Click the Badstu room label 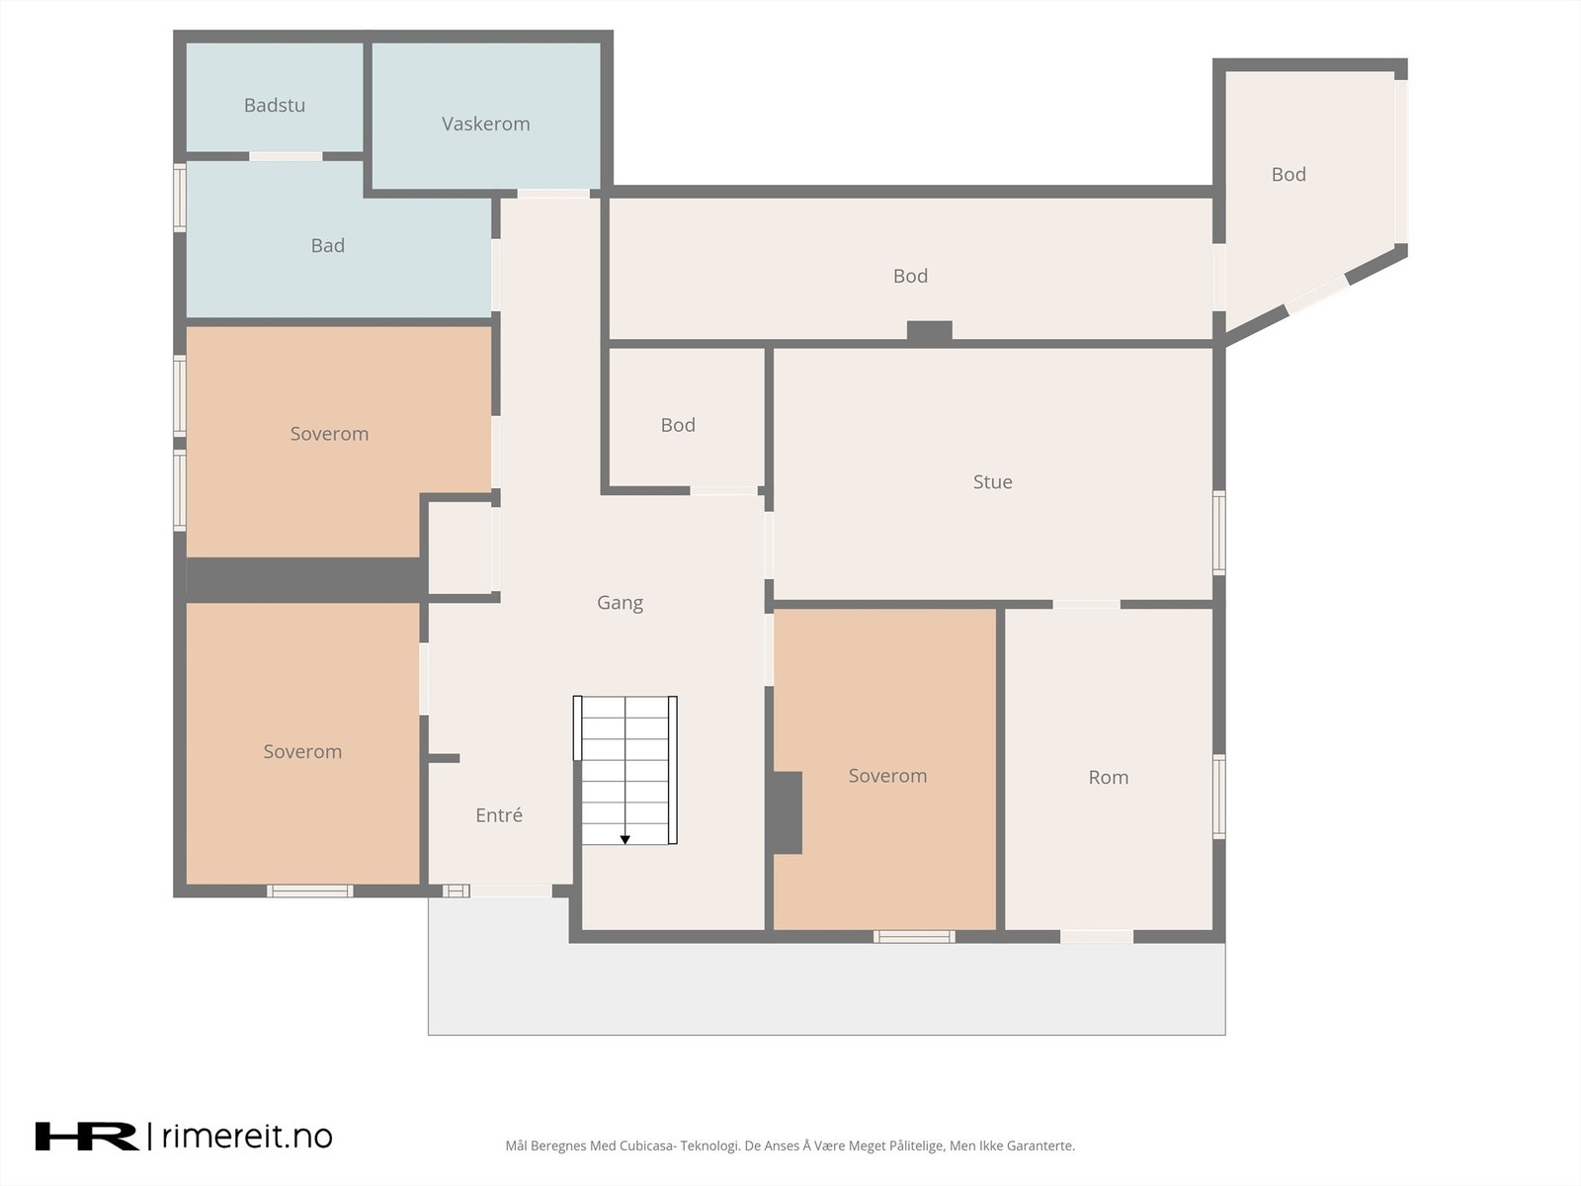[275, 105]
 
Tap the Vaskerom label [485, 124]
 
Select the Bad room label [328, 245]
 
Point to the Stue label [992, 481]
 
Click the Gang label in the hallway [620, 603]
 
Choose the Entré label [498, 814]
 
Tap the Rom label [1108, 777]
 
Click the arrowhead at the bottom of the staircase [625, 840]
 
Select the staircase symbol [625, 770]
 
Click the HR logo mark [86, 1137]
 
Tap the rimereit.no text [247, 1137]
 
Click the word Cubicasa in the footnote [647, 1145]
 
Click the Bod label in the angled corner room [1288, 174]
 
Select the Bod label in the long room [910, 276]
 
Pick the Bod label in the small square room [678, 425]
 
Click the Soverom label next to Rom [887, 776]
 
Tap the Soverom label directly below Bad [329, 434]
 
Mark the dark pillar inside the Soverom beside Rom [788, 813]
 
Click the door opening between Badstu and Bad [286, 156]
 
